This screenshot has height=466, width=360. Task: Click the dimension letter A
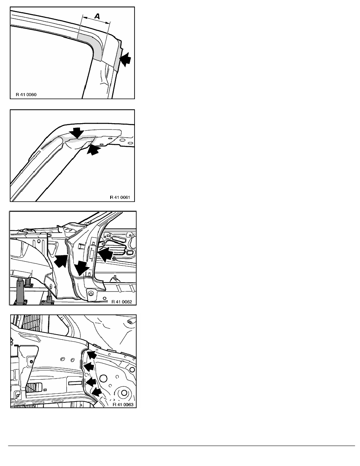[x=97, y=16]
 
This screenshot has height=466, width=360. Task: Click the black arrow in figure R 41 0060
[x=125, y=60]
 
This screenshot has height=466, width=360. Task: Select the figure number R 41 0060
[x=26, y=95]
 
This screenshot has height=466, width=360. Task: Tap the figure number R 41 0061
[x=120, y=197]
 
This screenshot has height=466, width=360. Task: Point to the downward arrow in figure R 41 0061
[x=77, y=133]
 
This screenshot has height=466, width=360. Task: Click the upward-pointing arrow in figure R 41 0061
[x=93, y=150]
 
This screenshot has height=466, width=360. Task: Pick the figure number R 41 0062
[x=122, y=302]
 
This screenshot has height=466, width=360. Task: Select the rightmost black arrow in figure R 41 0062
[x=105, y=255]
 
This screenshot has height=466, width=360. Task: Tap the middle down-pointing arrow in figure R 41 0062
[x=82, y=269]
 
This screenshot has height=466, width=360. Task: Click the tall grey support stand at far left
[x=20, y=291]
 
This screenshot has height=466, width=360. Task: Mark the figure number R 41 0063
[x=123, y=405]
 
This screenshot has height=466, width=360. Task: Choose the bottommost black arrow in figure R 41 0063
[x=96, y=392]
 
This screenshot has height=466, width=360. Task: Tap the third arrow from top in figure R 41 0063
[x=91, y=382]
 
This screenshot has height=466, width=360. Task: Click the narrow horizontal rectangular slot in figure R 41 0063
[x=75, y=383]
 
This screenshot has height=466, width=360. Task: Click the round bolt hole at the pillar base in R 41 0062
[x=91, y=294]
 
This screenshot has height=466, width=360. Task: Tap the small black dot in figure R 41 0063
[x=45, y=390]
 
